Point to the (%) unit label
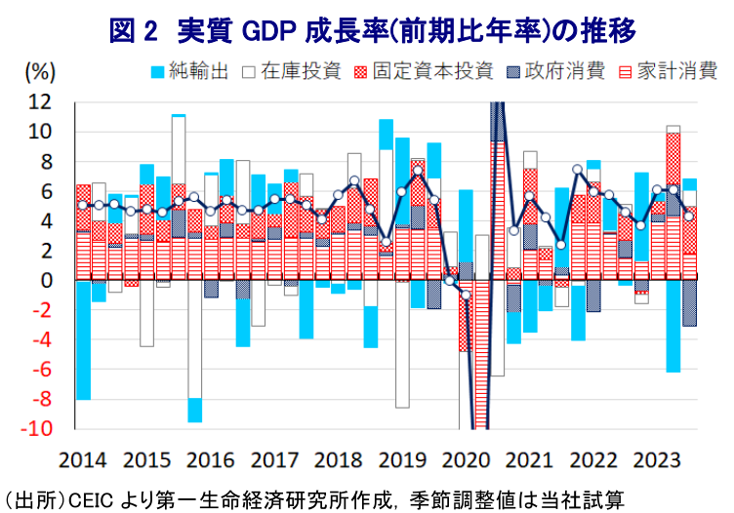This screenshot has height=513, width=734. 39,71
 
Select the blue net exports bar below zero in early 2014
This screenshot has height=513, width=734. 83,340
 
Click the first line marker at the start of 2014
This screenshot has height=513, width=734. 83,205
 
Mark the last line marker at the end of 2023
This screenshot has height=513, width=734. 689,216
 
